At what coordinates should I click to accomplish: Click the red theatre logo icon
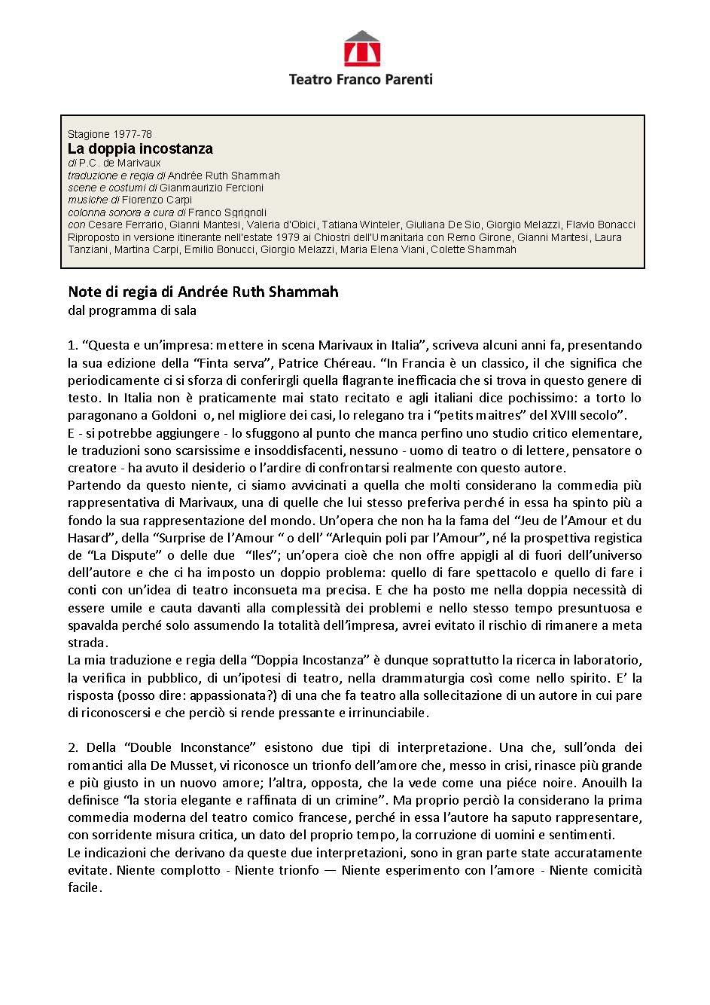coord(361,49)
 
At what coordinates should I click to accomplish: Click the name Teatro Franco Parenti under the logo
coord(361,79)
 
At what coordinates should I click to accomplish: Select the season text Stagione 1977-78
coord(110,134)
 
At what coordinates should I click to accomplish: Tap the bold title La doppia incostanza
coord(140,148)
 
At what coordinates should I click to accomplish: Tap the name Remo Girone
coord(481,237)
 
